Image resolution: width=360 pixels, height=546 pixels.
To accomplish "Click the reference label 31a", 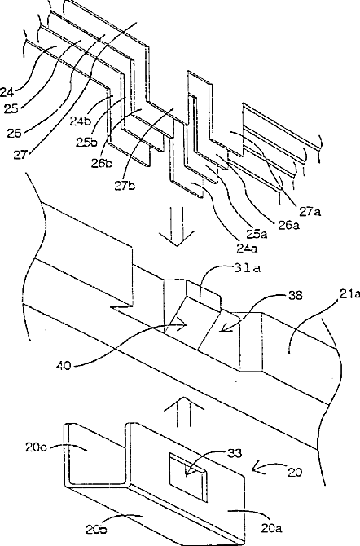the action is coord(246,268).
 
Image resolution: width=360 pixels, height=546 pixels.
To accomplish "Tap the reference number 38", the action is coord(295,296).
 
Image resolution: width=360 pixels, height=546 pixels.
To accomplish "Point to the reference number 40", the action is coord(63,366).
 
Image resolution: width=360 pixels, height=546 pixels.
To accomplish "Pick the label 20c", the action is coord(37,447).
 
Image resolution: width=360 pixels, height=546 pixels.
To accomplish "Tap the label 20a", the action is coord(270,529).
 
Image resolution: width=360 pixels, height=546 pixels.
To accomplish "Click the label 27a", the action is coord(309,211).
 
